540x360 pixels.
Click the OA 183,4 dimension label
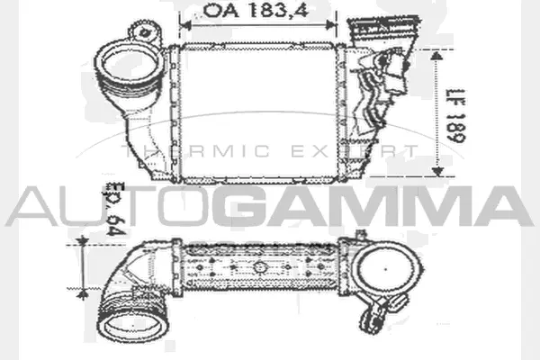[233, 12]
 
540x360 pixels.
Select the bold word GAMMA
[369, 206]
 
